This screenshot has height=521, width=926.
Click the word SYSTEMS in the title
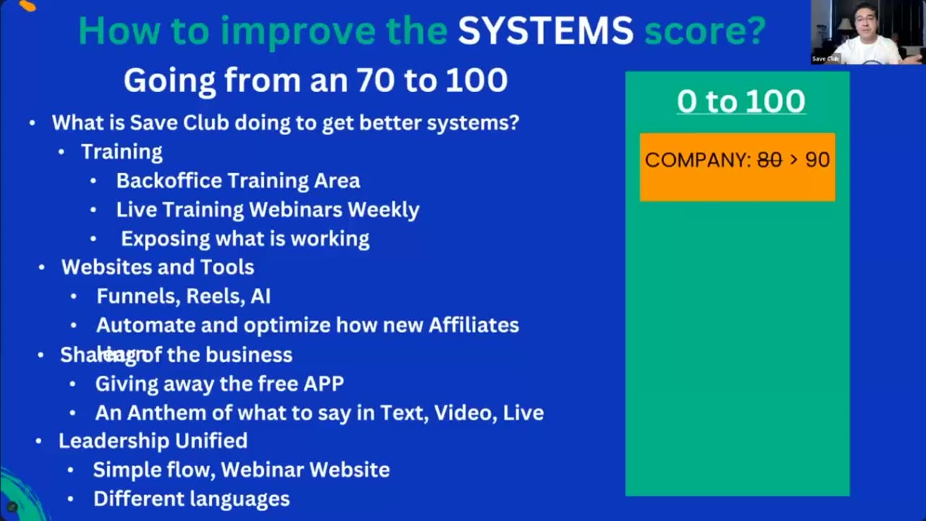coord(545,31)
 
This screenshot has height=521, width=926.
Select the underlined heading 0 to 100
coord(741,101)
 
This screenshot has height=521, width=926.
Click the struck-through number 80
coord(769,160)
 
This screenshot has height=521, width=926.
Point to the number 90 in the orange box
coord(817,160)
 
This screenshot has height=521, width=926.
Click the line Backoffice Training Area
coord(238,181)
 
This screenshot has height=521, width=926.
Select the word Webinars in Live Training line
coord(296,210)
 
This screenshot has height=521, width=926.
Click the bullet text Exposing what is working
coord(245,239)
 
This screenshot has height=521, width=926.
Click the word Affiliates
coord(474,326)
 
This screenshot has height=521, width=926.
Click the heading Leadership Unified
coord(153,441)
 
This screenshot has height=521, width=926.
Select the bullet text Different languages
coord(192,499)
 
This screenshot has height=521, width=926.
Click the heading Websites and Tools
coord(158,267)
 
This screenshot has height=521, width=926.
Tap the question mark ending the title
coord(757,31)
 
